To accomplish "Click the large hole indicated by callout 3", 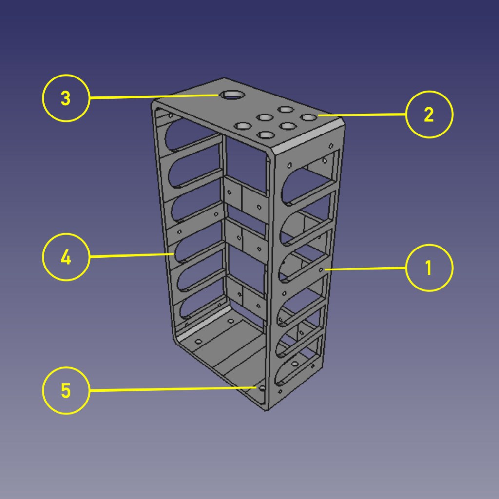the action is point(232,95).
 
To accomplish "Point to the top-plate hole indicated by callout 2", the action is point(308,117).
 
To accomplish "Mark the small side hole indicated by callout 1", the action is point(321,270).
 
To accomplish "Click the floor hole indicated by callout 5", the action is point(262,388).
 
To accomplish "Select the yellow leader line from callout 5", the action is point(173,389).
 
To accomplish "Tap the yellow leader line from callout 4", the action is point(132,255).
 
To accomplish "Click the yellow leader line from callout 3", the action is point(154,96).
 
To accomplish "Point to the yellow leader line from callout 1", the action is point(365,269).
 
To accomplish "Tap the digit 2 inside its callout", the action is point(429,115).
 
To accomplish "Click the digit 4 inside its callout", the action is point(66,257).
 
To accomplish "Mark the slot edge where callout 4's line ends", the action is point(173,254).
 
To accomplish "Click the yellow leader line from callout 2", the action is point(362,115).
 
